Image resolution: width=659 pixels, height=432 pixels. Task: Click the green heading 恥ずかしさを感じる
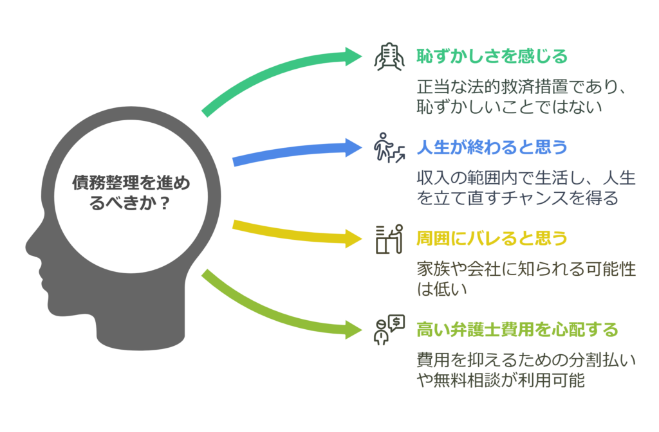click(492, 57)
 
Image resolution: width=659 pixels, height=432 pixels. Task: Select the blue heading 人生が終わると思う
click(492, 147)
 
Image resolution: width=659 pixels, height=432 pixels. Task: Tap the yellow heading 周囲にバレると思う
click(492, 239)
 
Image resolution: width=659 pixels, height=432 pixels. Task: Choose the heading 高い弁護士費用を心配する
click(517, 330)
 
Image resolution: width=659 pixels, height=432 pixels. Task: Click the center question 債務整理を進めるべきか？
click(131, 193)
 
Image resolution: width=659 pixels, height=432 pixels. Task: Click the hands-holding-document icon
click(389, 57)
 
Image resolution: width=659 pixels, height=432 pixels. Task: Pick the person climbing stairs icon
click(389, 148)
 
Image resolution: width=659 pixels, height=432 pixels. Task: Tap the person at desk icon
click(389, 239)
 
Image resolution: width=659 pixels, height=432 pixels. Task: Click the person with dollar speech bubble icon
click(389, 330)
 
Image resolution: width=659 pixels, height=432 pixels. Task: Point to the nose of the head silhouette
click(30, 247)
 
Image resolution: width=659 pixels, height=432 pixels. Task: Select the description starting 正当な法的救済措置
click(521, 96)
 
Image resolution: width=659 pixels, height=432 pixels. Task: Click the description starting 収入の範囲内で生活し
click(526, 188)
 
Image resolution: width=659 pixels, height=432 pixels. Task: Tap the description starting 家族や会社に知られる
click(526, 279)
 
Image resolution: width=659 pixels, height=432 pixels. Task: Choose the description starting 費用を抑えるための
click(526, 370)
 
